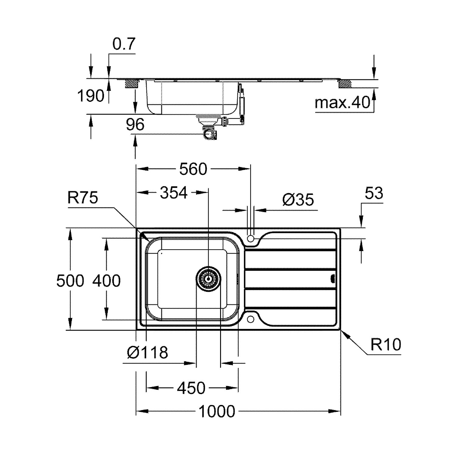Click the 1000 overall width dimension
(217, 411)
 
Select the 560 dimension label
(193, 169)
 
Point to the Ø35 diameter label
(298, 200)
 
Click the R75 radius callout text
(83, 198)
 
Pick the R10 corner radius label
(386, 345)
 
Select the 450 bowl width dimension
(192, 388)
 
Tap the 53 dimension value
(374, 193)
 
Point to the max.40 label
(342, 103)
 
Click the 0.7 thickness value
(123, 45)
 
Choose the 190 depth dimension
(91, 96)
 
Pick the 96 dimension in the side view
(135, 124)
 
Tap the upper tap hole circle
(250, 238)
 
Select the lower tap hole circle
(250, 319)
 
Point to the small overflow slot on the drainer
(333, 278)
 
